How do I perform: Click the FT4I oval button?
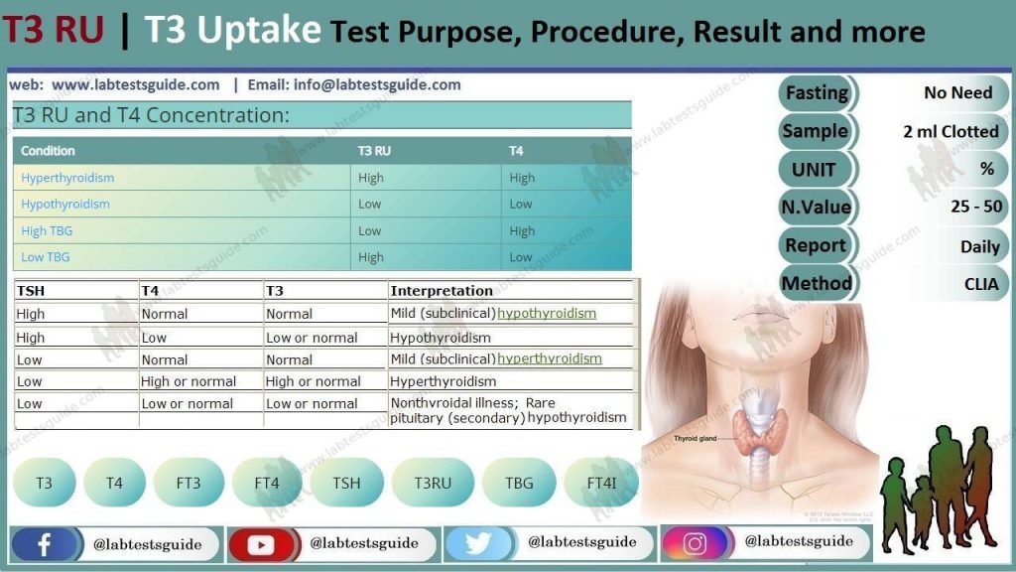(601, 484)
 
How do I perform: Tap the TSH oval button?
(346, 484)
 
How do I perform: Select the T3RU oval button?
(434, 484)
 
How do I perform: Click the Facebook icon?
(45, 544)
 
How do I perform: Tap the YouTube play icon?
(262, 544)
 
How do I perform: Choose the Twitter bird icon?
(479, 544)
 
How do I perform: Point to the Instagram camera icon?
(696, 543)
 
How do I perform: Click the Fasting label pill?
(817, 93)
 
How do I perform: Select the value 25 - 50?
(975, 208)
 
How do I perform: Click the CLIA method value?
(980, 284)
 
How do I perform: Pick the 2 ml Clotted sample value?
(950, 131)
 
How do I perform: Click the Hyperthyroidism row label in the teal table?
(67, 179)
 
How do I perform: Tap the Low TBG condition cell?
(47, 257)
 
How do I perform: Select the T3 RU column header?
(374, 151)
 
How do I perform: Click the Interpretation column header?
(442, 291)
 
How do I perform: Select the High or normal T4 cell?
(189, 381)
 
